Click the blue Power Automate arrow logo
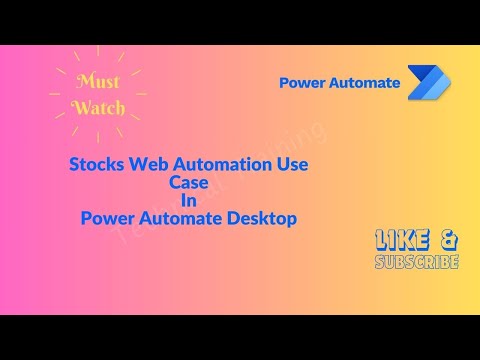(428, 83)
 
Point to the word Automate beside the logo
(364, 83)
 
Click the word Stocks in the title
(97, 165)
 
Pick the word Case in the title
(188, 183)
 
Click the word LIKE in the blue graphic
(404, 240)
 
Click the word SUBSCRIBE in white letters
(416, 262)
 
